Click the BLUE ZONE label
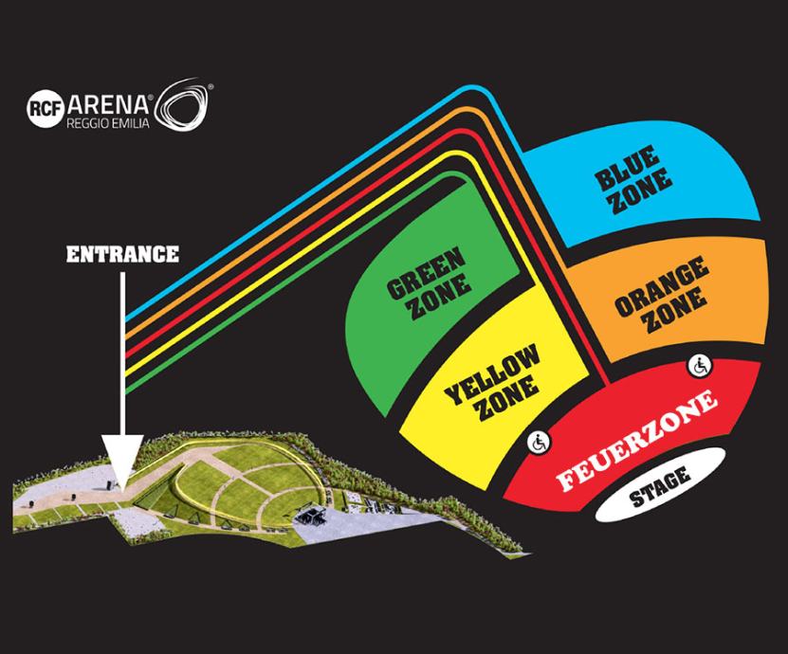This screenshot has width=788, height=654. [x=632, y=179]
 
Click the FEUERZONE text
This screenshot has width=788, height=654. [x=636, y=441]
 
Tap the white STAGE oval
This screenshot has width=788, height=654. [x=660, y=485]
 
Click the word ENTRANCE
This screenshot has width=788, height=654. [x=122, y=254]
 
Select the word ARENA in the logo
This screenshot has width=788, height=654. [x=108, y=104]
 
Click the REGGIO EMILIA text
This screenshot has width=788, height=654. [x=108, y=123]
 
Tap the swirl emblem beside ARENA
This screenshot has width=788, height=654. [x=183, y=105]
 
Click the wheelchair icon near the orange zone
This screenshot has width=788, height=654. [x=699, y=366]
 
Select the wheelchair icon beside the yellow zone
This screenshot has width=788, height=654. [x=539, y=443]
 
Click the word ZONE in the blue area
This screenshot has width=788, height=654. [x=641, y=193]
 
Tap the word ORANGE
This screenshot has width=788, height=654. [x=661, y=282]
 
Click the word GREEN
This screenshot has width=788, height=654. [x=425, y=272]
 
